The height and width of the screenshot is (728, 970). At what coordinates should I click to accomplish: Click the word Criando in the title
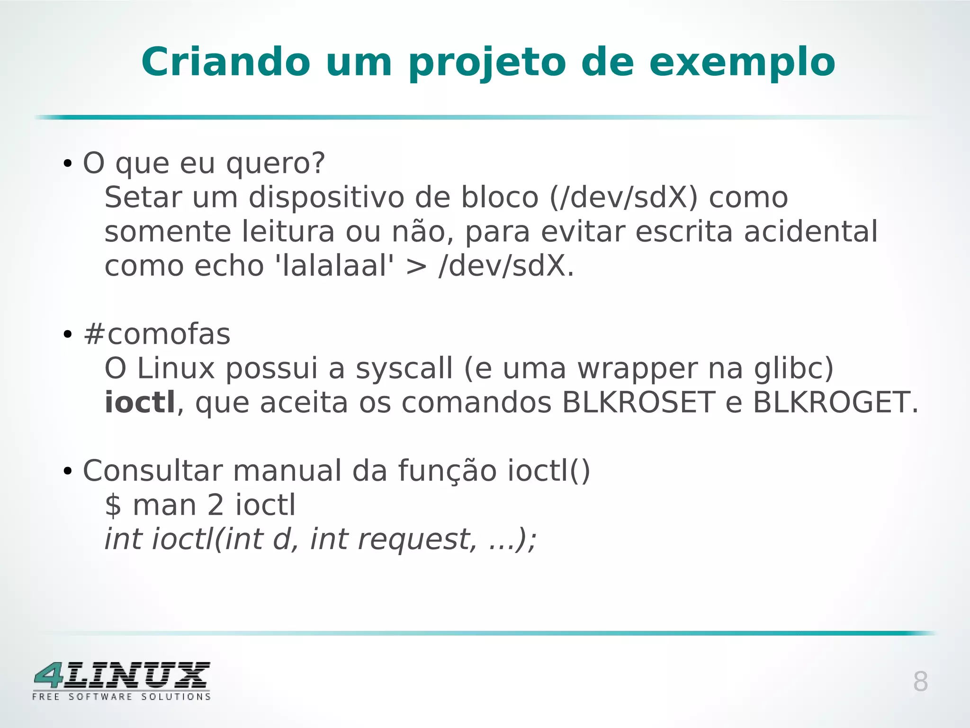point(226,62)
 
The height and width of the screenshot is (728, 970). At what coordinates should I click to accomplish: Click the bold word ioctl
point(140,402)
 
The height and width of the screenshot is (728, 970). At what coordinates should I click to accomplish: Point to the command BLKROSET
point(638,403)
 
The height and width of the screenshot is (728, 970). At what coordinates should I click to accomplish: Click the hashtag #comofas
point(157,334)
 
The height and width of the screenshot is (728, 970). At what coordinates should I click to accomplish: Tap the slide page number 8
point(920,682)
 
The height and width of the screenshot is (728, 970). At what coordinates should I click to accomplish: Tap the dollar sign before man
point(113,505)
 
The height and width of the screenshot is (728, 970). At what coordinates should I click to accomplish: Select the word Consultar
point(153,471)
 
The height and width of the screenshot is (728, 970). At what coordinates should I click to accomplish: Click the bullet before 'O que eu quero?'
point(67,164)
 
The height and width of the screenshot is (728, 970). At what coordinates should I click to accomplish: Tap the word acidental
point(810,232)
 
